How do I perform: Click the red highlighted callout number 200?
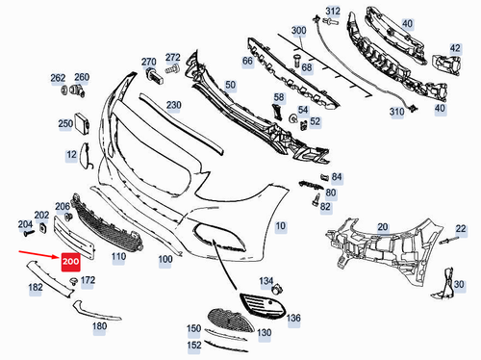click(x=70, y=261)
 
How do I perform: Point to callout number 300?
click(x=299, y=31)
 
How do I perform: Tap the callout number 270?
click(x=148, y=61)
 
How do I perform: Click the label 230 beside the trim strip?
click(x=173, y=104)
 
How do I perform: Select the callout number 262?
click(x=58, y=77)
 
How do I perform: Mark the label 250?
click(x=65, y=123)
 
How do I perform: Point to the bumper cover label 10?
click(x=280, y=226)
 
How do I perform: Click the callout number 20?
click(x=382, y=226)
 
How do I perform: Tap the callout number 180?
click(x=99, y=326)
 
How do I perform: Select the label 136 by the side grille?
click(x=293, y=318)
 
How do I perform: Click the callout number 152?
click(x=194, y=345)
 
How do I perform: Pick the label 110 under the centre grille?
click(x=118, y=258)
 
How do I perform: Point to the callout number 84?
click(x=336, y=178)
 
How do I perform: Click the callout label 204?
click(x=24, y=223)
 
